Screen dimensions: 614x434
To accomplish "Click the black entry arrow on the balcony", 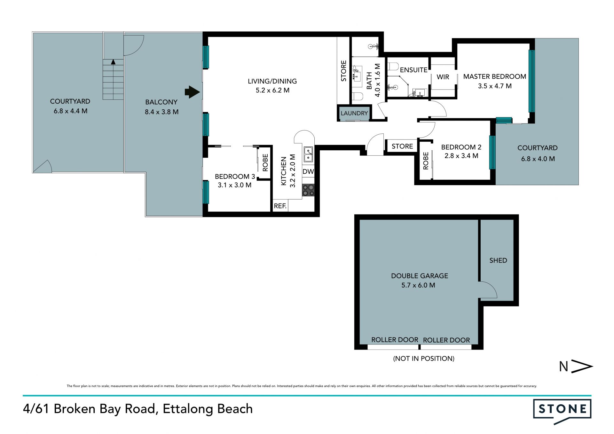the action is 192,92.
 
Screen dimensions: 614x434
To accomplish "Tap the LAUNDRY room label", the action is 354,113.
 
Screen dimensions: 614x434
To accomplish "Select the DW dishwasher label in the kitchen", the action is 308,171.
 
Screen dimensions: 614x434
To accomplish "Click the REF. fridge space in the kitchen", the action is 280,206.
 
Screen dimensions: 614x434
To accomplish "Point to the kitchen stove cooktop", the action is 308,190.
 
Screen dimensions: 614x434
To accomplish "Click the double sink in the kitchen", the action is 308,154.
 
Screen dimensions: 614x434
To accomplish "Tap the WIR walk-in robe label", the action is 443,77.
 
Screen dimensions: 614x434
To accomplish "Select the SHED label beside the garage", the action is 498,260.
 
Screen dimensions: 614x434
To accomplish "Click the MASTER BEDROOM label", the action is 495,76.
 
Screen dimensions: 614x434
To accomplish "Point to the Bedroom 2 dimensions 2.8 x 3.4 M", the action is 461,156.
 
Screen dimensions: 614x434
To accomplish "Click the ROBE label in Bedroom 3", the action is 265,163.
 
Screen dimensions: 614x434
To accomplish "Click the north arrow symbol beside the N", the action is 582,367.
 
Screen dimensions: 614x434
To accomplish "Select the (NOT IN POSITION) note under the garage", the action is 424,359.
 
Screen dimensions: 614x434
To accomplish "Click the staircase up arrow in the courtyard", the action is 113,62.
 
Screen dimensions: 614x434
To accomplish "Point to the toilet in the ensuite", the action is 393,67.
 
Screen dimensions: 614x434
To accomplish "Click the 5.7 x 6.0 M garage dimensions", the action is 418,285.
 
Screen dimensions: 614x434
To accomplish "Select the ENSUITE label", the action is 413,70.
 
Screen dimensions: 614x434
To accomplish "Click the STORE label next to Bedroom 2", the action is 402,146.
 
